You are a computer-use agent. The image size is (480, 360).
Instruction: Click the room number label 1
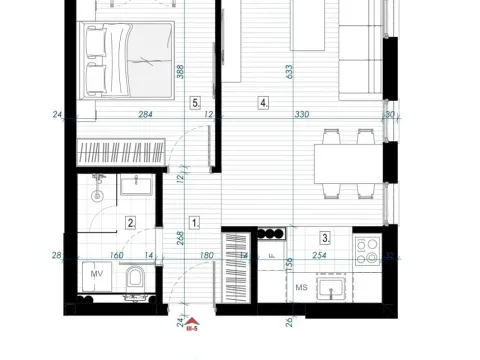click(x=195, y=223)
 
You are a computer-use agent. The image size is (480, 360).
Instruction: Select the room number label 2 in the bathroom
click(x=130, y=223)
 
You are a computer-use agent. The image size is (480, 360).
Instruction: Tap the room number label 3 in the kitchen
click(x=325, y=238)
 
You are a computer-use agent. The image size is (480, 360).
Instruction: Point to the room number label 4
click(x=263, y=102)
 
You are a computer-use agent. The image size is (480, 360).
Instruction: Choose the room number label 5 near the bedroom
click(x=196, y=102)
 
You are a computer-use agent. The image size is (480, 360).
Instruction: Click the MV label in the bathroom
click(x=98, y=273)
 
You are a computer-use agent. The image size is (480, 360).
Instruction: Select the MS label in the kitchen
click(x=299, y=290)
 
